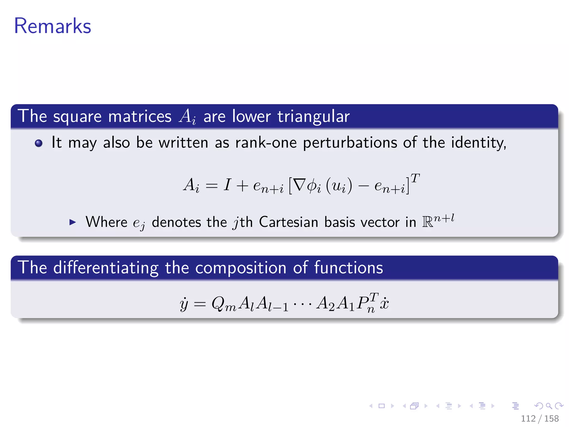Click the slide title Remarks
53,26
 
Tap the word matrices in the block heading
140,116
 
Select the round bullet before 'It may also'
39,143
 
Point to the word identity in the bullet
478,143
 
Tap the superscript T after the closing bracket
415,178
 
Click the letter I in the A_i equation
227,185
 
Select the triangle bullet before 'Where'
73,222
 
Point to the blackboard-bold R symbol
428,222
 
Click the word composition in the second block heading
241,268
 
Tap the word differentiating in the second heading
106,268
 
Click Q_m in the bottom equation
223,304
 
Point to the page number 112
528,418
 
